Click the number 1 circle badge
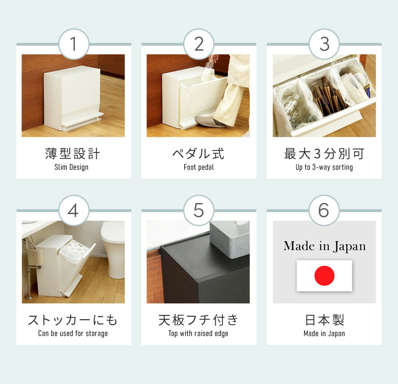[x=74, y=44]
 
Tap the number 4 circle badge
[x=74, y=210]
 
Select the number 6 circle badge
[x=324, y=210]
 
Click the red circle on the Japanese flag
[x=324, y=276]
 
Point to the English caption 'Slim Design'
[x=71, y=167]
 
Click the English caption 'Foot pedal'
[x=199, y=167]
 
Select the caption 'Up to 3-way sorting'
[x=324, y=167]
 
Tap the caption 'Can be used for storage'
[x=73, y=333]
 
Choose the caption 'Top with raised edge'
[x=198, y=333]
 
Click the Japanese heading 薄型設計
[x=72, y=154]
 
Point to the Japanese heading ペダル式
[x=198, y=154]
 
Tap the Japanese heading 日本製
[x=324, y=320]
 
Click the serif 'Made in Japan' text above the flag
[x=325, y=246]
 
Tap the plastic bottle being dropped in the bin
[x=207, y=69]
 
